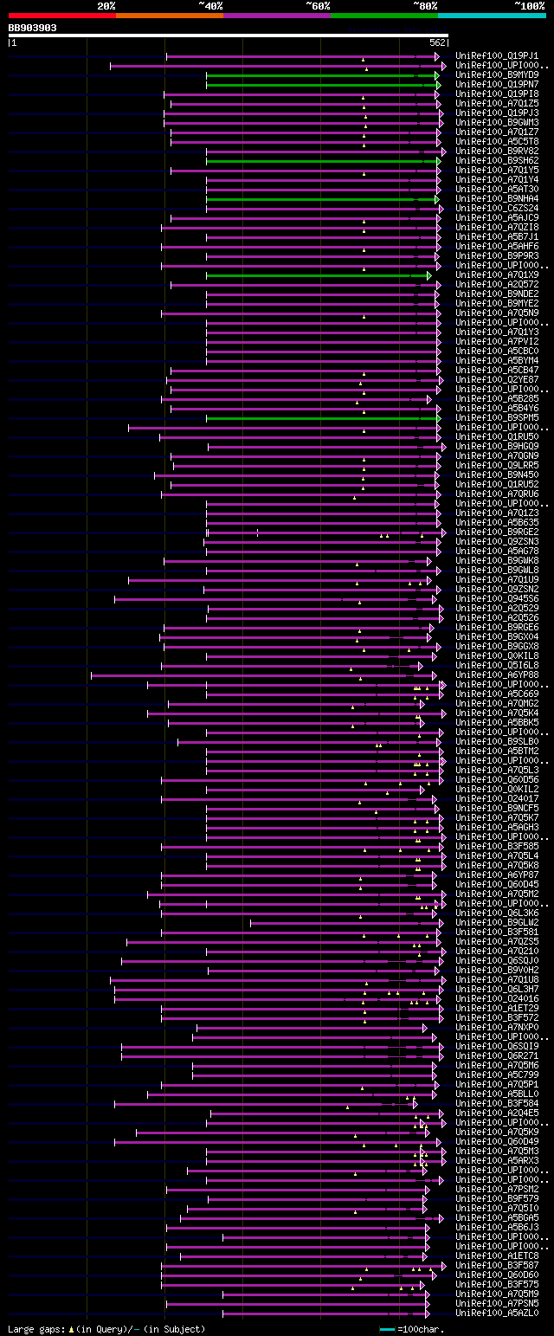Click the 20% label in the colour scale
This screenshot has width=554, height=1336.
coord(106,5)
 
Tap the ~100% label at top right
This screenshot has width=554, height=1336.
coord(529,5)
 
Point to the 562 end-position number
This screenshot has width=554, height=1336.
coord(436,42)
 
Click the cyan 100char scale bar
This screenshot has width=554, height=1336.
coord(387,1328)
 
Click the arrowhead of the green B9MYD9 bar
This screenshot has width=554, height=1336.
coord(437,75)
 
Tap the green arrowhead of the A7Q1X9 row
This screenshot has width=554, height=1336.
coord(428,275)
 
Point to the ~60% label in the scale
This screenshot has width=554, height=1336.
coord(318,5)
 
